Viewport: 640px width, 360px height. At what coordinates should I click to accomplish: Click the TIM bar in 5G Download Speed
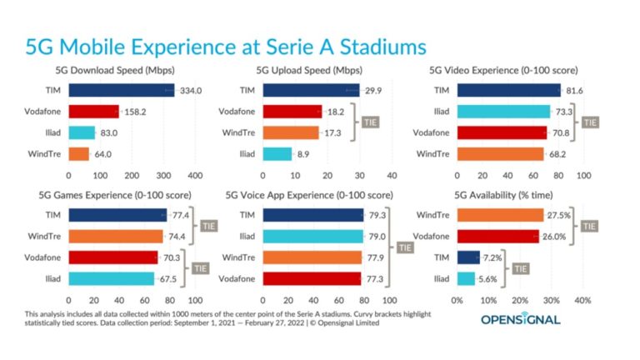(122, 90)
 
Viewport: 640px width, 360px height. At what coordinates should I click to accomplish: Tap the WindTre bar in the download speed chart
(79, 153)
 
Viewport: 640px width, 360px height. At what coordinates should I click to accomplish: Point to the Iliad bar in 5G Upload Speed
(277, 153)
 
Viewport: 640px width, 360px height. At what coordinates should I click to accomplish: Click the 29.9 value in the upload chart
(372, 90)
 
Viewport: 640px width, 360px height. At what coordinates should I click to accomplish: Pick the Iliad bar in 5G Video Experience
(504, 111)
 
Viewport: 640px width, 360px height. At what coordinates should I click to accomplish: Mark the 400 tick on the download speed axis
(195, 177)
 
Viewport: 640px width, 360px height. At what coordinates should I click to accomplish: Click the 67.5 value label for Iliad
(168, 278)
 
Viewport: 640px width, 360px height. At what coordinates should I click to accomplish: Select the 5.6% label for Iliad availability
(488, 278)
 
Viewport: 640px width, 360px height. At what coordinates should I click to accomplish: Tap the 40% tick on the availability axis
(583, 301)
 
